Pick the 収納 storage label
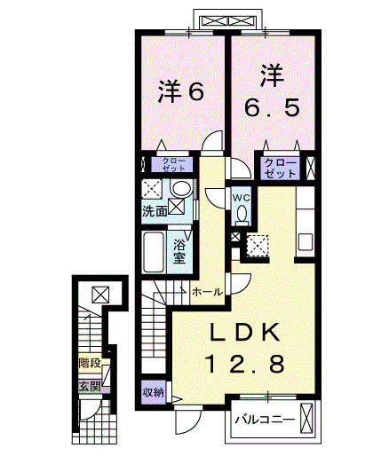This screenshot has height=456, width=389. click(154, 391)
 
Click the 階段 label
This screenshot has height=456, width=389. click(89, 363)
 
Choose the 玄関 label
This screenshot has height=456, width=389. click(89, 387)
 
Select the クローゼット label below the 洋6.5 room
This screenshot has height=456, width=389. click(281, 166)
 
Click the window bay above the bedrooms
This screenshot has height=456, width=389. click(228, 20)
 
